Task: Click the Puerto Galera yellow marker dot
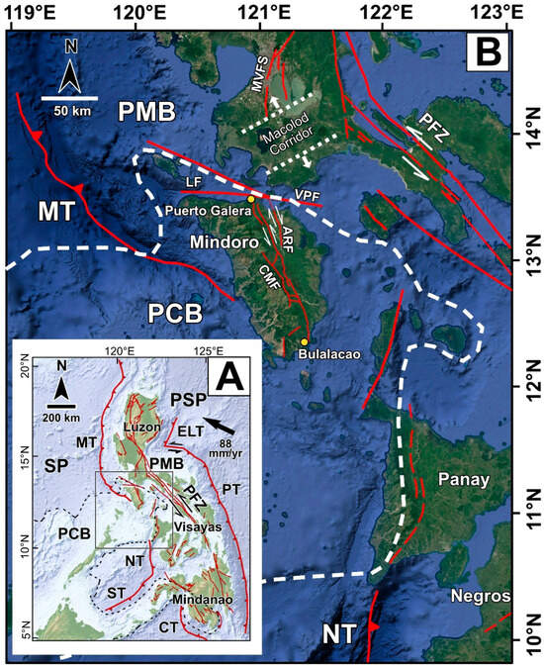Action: (x=251, y=199)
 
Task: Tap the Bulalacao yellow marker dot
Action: (x=304, y=342)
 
